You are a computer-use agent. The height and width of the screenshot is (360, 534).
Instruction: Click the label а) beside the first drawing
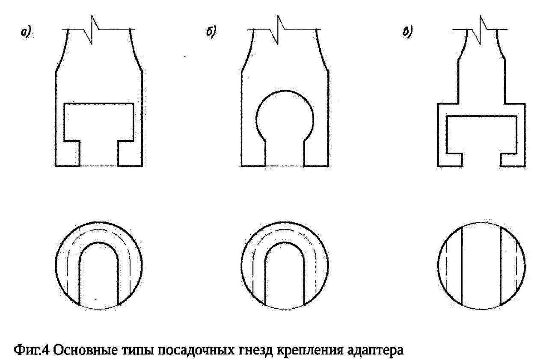26,32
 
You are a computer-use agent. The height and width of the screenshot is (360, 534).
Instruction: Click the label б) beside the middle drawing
211,32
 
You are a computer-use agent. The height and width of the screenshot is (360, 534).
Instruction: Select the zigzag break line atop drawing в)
480,30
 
